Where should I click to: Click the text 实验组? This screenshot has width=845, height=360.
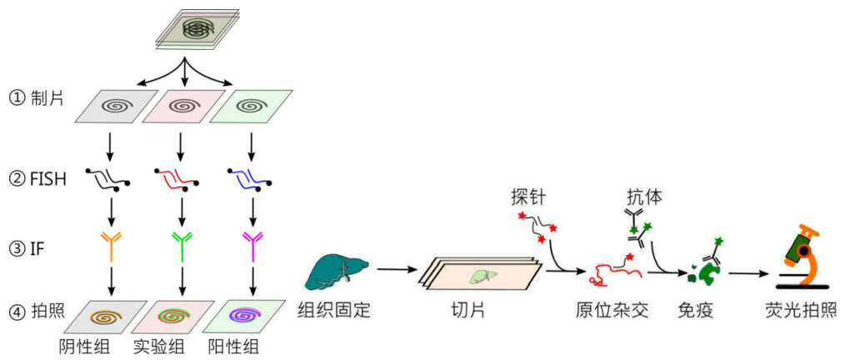(x=157, y=345)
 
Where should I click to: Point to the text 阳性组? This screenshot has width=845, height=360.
(x=231, y=345)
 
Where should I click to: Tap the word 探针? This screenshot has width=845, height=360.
(x=529, y=197)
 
